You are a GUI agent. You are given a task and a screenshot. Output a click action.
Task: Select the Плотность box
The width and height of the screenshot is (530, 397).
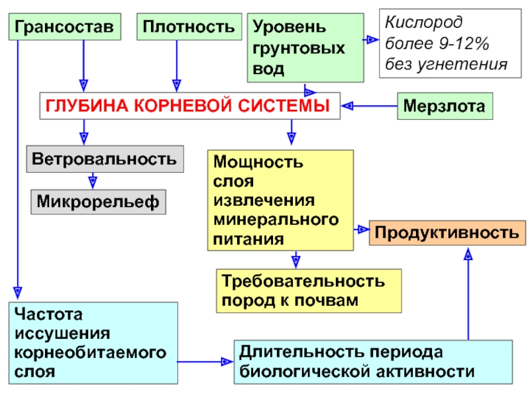189,28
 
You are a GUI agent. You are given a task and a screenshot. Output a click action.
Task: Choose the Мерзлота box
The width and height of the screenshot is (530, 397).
445,105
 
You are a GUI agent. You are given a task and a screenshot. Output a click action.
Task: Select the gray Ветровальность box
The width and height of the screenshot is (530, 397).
104,159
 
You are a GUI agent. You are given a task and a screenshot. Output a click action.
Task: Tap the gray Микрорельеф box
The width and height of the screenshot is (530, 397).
98,200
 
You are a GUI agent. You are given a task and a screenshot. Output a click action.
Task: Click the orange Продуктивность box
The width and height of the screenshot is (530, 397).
447,232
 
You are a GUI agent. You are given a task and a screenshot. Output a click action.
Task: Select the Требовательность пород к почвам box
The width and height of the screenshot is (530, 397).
309,290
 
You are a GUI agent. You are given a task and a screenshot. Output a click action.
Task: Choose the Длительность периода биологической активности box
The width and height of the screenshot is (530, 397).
373,361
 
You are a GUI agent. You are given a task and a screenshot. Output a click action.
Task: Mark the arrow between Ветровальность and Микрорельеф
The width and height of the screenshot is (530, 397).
93,181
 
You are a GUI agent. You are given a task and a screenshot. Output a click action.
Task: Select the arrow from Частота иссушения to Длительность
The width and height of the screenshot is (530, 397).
206,361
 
